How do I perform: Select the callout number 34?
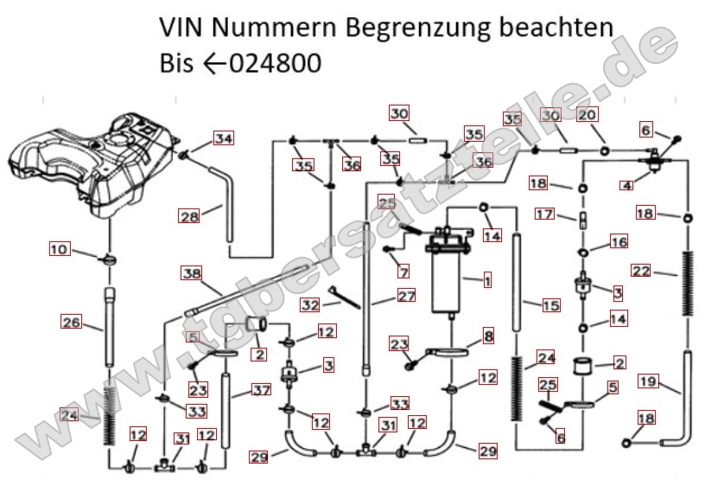224,138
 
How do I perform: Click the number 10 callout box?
59,250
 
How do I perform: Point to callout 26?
71,323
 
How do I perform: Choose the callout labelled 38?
191,273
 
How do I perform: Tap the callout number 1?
487,280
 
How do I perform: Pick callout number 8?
488,335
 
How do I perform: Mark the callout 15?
550,304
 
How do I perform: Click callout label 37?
262,390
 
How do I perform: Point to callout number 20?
587,115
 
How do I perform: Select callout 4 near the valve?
626,183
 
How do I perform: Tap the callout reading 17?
543,214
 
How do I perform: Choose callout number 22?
640,271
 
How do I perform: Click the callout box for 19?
648,381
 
